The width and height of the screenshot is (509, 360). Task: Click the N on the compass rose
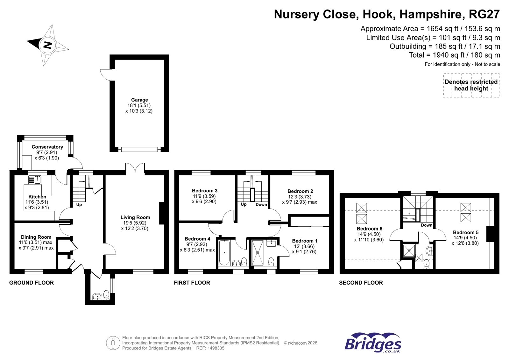47,45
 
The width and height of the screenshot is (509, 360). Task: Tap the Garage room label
139,100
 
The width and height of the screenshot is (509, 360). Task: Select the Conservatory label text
47,147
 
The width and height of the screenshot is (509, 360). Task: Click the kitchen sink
35,180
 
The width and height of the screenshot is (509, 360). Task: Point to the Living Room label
135,217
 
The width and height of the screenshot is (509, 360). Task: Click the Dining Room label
36,237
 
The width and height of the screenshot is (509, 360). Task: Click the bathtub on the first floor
224,252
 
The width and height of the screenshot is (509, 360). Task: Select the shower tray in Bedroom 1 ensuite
258,252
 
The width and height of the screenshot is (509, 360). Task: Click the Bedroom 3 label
204,190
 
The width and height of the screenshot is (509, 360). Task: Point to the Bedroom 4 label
197,239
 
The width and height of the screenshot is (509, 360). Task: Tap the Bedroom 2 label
300,191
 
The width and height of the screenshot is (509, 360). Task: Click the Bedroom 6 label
370,229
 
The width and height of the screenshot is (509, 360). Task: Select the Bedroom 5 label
466,232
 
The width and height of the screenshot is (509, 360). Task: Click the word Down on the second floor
427,225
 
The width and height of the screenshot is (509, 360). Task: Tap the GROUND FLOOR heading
32,283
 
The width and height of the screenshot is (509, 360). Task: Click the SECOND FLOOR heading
361,283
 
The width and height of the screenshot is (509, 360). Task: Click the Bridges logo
373,342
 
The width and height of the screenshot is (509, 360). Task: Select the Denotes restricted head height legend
471,85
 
